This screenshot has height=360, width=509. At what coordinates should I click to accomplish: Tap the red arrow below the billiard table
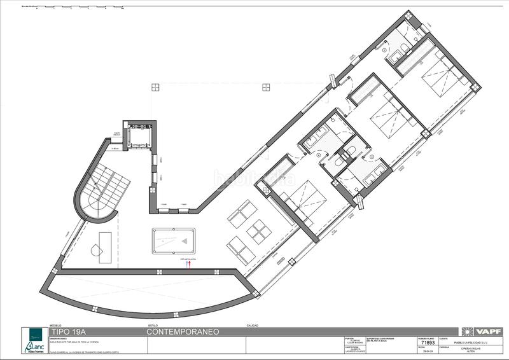click(188, 264)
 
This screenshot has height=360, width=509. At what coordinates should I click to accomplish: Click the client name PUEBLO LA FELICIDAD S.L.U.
click(461, 339)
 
